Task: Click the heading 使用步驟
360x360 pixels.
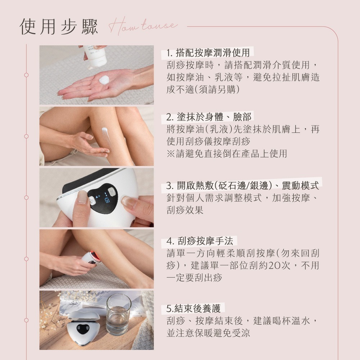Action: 59,27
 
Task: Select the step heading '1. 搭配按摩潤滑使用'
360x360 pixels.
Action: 208,53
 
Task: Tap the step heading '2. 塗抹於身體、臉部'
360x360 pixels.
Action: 209,117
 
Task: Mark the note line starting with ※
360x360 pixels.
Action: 227,154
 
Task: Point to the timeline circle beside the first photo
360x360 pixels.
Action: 26,75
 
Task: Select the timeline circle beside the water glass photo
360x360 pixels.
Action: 26,320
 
